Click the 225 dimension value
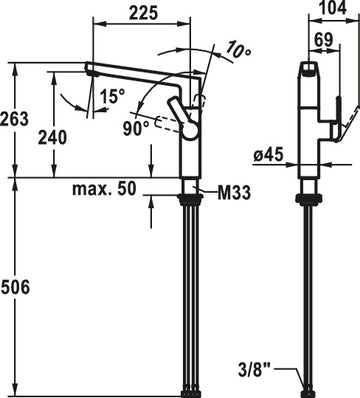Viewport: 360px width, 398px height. tap(143, 13)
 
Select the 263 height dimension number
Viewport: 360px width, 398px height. tap(14, 119)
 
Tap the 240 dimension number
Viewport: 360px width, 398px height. tap(52, 137)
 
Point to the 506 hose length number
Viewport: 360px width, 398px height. tap(15, 287)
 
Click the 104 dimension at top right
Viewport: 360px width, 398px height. tap(333, 8)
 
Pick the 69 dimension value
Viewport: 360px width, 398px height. tap(324, 39)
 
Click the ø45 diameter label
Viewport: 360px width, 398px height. tap(268, 155)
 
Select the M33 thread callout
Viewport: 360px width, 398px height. tap(234, 193)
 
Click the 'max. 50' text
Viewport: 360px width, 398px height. tap(105, 189)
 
